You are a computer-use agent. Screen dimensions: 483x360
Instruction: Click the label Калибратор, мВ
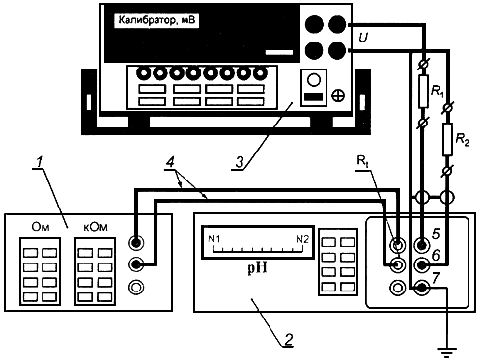[x=156, y=20]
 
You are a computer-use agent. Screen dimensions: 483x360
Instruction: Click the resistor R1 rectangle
[x=423, y=92]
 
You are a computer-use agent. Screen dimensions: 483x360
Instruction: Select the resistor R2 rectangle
[x=448, y=139]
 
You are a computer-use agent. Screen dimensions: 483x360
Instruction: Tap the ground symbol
[x=446, y=352]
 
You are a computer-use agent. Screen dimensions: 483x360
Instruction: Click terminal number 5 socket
[x=422, y=245]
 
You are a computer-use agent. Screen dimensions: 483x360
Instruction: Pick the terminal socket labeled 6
[x=422, y=265]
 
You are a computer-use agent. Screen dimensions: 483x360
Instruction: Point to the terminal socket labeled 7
[x=422, y=288]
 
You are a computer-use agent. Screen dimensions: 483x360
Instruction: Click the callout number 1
[x=40, y=162]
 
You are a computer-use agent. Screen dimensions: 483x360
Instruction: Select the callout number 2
[x=288, y=339]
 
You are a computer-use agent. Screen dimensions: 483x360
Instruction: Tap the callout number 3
[x=240, y=162]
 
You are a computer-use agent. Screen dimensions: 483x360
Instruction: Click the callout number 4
[x=170, y=162]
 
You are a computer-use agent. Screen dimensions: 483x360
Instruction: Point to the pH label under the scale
[x=257, y=267]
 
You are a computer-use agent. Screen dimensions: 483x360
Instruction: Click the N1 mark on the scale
[x=214, y=239]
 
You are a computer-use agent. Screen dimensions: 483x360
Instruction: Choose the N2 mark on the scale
[x=302, y=239]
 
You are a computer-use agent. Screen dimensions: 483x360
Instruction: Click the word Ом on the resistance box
[x=41, y=227]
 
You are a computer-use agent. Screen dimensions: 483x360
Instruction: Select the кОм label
[x=96, y=227]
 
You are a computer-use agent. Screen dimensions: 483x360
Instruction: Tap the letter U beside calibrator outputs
[x=363, y=38]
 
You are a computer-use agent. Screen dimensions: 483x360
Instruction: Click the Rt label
[x=363, y=161]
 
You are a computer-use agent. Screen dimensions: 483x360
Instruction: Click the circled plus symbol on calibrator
[x=338, y=96]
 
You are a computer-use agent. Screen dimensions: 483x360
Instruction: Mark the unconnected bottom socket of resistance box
[x=136, y=287]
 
